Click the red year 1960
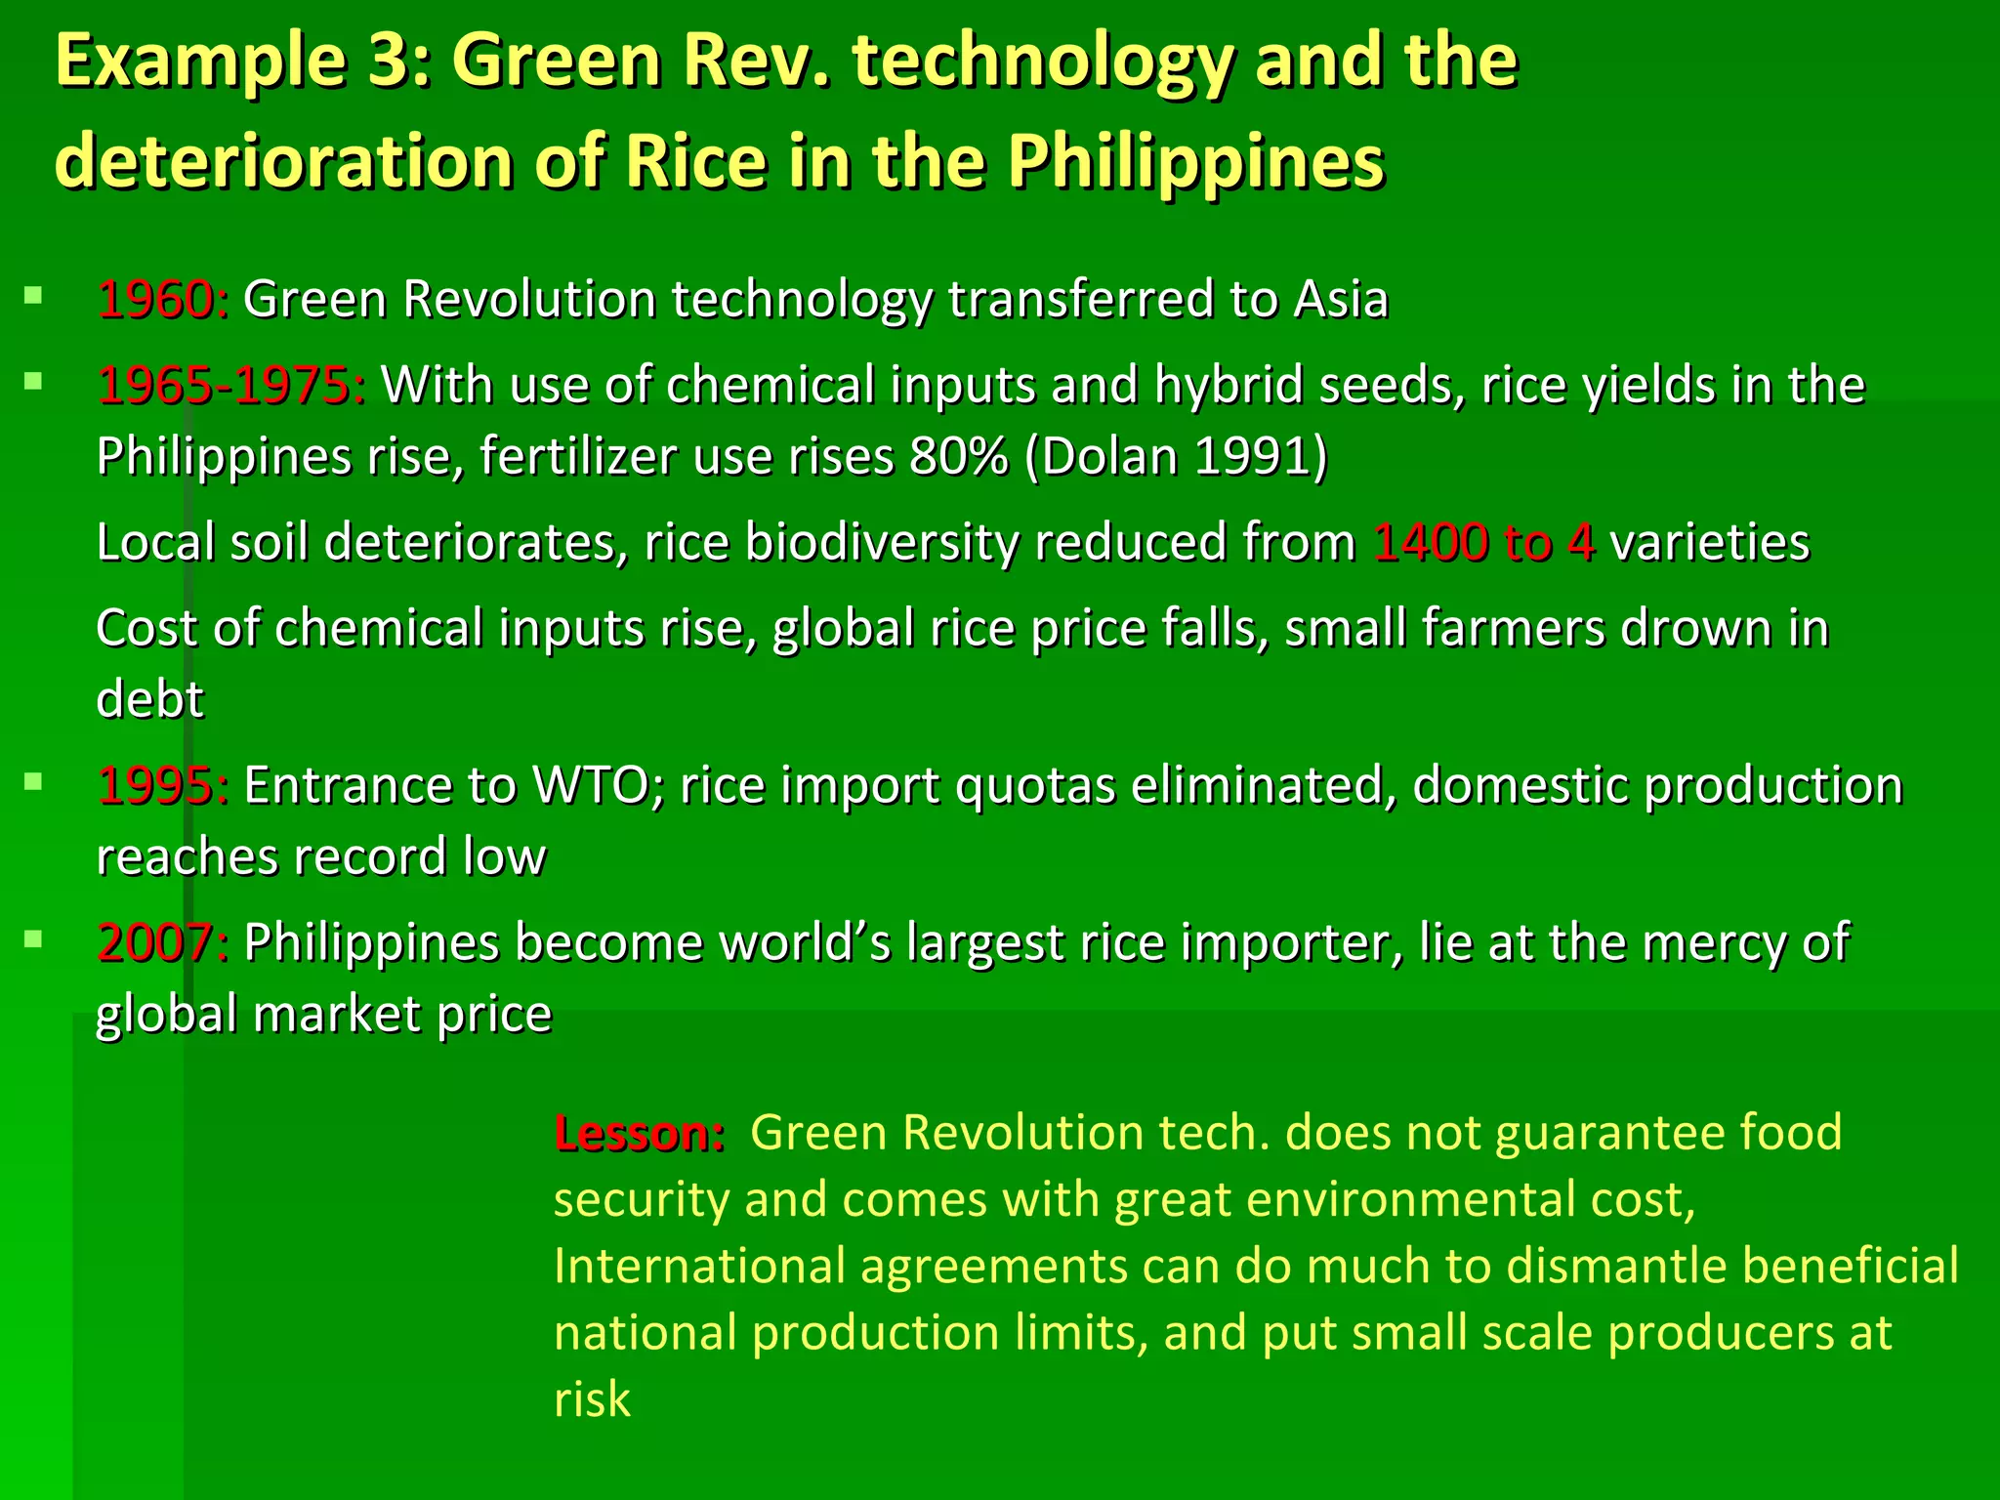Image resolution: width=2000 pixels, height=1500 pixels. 161,299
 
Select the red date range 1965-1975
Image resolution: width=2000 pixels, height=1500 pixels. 230,385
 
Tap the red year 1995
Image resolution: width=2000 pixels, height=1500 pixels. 161,785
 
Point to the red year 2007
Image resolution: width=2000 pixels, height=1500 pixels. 161,942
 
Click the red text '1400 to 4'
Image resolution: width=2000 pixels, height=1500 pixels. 1483,543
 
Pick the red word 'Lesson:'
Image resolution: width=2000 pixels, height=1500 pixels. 639,1134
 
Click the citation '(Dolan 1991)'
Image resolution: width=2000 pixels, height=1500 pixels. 1176,456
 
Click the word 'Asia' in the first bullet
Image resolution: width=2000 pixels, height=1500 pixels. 1340,299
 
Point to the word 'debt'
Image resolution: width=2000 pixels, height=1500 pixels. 149,699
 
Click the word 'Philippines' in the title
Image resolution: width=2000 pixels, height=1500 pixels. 1195,160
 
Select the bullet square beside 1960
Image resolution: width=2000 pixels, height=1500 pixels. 34,294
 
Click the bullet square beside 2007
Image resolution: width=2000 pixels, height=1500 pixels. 34,938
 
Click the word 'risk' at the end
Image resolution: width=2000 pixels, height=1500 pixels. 592,1399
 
